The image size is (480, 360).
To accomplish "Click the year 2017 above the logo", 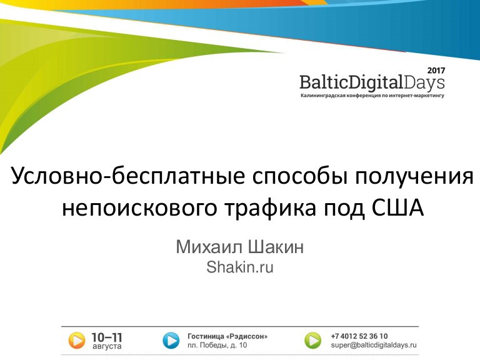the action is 436,71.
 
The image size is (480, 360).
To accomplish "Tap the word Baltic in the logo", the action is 324,82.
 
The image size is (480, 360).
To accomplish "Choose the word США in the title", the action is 398,208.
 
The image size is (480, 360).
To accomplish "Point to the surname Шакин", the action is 276,247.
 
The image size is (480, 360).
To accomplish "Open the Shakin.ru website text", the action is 240,267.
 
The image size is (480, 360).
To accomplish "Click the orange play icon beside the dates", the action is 76,341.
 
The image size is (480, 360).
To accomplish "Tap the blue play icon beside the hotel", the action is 171,341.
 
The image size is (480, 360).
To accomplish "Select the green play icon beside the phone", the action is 313,341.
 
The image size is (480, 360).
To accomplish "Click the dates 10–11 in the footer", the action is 107,337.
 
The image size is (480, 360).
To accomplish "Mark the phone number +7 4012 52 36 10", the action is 359,336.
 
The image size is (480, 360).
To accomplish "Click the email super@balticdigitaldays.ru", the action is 374,345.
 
